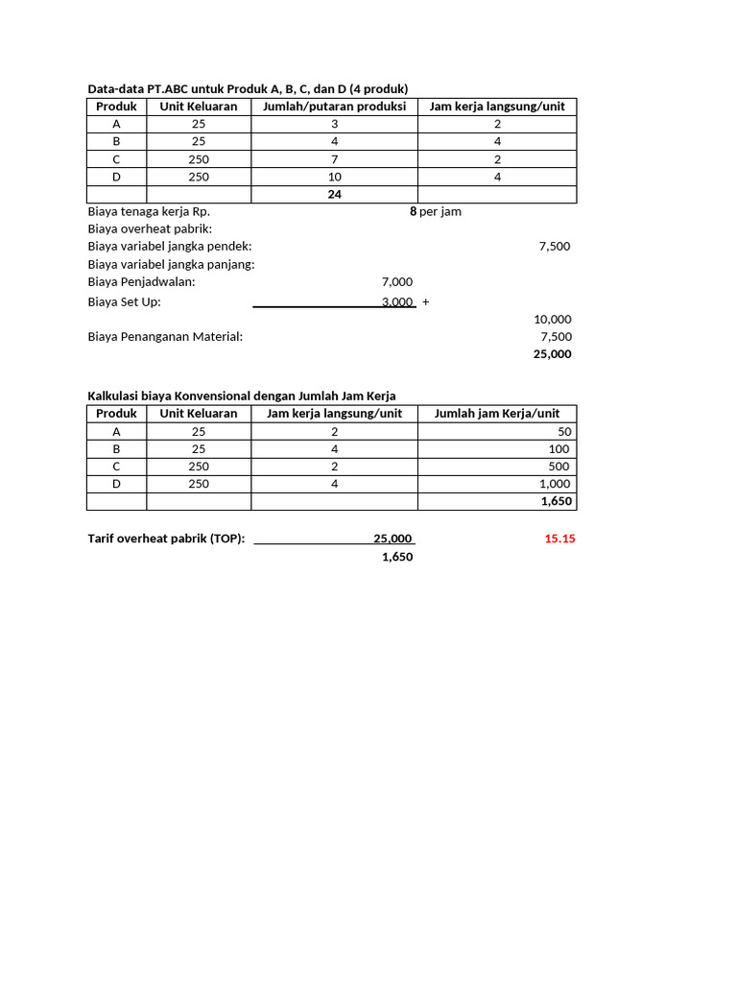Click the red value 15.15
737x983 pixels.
click(559, 539)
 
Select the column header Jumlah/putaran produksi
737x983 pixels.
click(334, 107)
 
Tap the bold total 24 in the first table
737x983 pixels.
click(334, 194)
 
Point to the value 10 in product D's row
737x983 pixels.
click(334, 177)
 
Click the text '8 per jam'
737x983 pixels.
click(436, 211)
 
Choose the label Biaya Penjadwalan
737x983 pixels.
click(141, 281)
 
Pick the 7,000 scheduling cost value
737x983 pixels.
click(396, 281)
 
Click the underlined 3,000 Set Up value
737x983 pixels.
click(396, 301)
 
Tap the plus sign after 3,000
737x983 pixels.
click(425, 301)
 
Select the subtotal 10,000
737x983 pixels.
click(552, 319)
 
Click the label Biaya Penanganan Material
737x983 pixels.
click(165, 336)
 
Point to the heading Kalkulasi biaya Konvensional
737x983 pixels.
click(241, 396)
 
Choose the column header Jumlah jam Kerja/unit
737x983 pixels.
click(496, 413)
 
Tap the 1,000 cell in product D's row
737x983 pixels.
click(554, 484)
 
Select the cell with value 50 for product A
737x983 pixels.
click(561, 431)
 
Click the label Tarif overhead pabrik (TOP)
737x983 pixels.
click(166, 539)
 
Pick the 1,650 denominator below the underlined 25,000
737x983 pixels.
click(396, 557)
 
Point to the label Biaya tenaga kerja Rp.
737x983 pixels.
click(149, 211)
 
